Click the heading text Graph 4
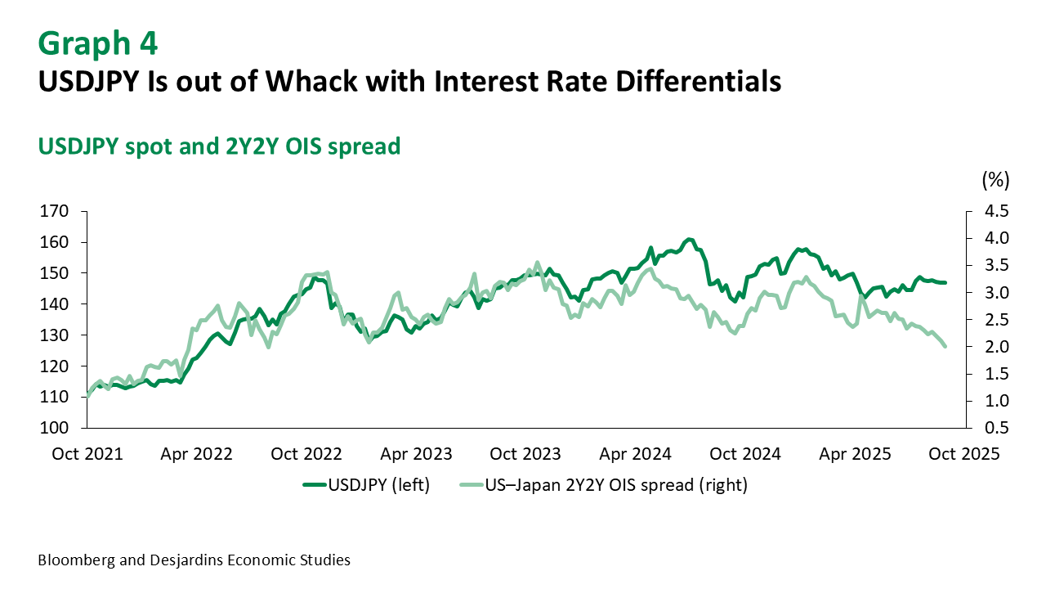point(97,43)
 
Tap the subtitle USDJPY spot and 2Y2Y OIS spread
point(219,146)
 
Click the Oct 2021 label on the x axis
point(87,454)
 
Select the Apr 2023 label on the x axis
point(417,454)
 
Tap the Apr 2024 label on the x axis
point(637,454)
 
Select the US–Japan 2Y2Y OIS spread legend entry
point(604,484)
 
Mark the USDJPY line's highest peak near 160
point(690,239)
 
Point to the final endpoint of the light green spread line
point(945,347)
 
